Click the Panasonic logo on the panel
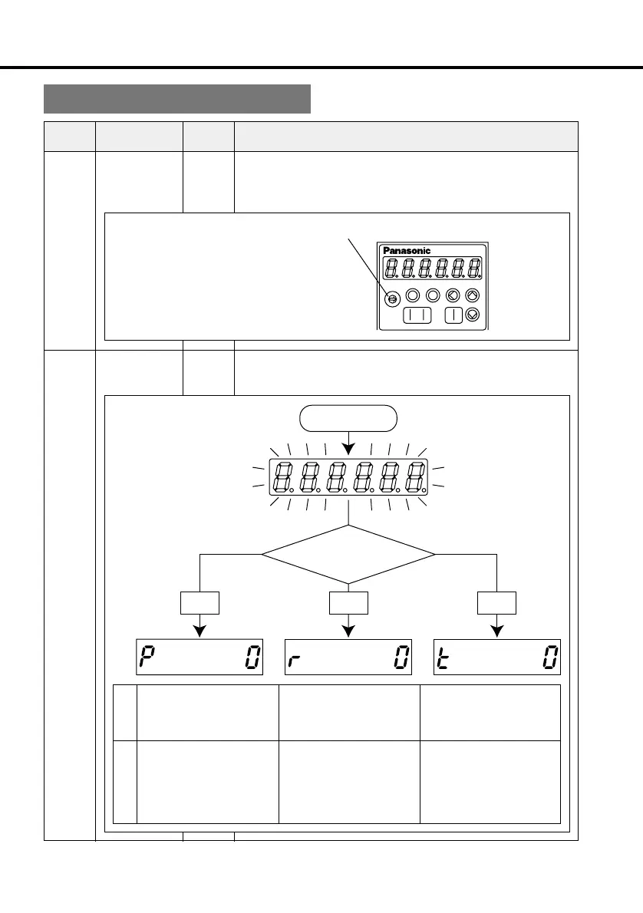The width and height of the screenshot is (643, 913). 407,251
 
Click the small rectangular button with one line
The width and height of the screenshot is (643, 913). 454,315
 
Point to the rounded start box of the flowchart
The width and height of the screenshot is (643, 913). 349,419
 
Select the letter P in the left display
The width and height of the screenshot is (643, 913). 145,658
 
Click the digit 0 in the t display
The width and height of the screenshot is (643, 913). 550,658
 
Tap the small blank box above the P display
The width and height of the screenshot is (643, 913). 199,602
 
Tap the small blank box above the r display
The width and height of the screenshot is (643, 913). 349,602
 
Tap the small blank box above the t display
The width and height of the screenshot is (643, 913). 497,602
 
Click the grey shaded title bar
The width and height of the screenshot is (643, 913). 176,99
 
